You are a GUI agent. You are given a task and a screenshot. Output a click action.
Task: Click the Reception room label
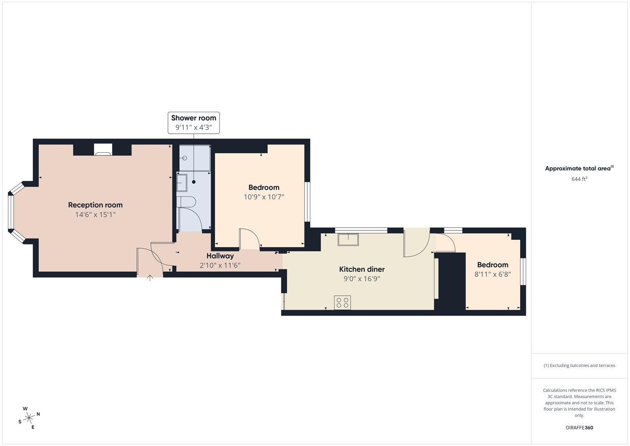(x=95, y=205)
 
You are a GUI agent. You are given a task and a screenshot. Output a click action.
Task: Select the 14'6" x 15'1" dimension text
(x=95, y=215)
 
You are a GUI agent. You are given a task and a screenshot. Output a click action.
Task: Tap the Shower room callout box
(x=193, y=123)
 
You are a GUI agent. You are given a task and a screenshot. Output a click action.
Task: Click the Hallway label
(x=220, y=256)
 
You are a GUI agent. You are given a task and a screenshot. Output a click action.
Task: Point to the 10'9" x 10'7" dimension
(x=264, y=197)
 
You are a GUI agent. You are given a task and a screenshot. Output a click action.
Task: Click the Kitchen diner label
(x=361, y=269)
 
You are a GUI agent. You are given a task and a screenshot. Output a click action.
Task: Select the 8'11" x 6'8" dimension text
(x=493, y=274)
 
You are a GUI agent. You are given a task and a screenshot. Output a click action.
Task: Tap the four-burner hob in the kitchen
(x=342, y=303)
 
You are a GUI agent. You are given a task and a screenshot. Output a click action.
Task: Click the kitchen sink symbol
(x=348, y=239)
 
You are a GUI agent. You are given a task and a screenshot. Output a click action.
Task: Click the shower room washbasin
(x=182, y=183)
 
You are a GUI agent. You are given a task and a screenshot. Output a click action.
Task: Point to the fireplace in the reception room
(x=103, y=149)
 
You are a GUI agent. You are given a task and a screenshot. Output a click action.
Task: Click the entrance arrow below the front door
(x=150, y=278)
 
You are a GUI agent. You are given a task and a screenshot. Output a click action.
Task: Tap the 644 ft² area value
(x=579, y=179)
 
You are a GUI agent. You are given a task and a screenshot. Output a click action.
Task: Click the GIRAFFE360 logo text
(x=579, y=428)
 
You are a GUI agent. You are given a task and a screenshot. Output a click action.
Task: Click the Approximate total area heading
(x=579, y=168)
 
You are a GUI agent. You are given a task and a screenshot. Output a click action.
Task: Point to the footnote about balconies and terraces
(x=579, y=365)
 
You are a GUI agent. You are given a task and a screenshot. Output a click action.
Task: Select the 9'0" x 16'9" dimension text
(x=361, y=279)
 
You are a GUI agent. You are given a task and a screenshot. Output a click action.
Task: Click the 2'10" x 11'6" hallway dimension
(x=220, y=266)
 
